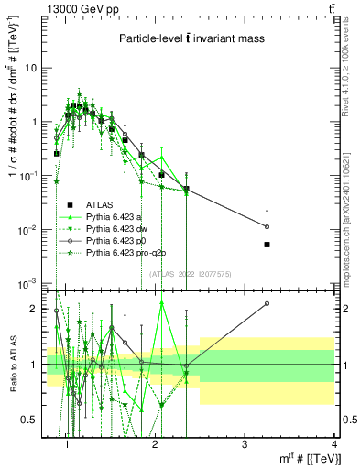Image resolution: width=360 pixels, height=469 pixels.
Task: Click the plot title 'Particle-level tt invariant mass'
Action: pos(191,38)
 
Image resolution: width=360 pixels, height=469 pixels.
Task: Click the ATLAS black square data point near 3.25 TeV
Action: pos(267,245)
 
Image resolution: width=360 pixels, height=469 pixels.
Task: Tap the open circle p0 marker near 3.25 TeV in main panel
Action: pos(267,226)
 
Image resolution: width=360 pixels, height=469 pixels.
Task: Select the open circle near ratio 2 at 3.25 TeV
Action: pos(267,303)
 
